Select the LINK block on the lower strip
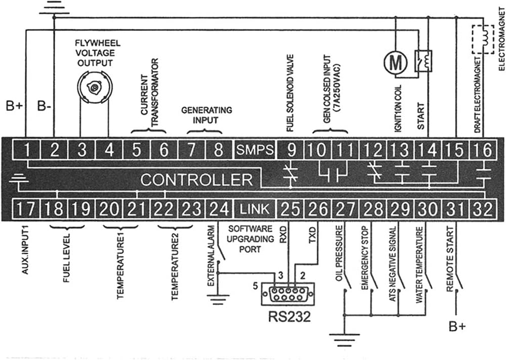255,209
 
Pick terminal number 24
219,209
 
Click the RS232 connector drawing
288,294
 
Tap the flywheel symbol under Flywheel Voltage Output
95,86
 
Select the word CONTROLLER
196,179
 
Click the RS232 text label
289,317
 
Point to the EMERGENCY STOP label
365,258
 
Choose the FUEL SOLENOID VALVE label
290,93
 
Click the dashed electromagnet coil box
483,39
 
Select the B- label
44,106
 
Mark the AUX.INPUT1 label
25,250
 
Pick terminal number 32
483,209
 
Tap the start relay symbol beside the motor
424,61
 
